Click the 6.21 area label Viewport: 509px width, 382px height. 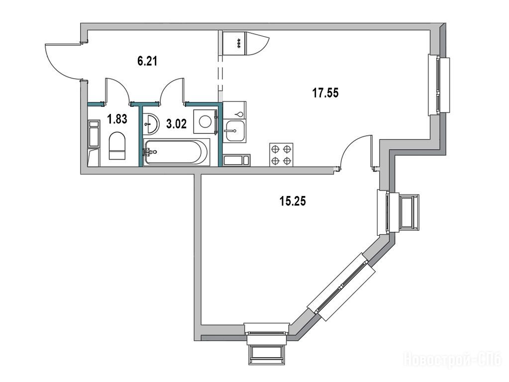tap(147, 61)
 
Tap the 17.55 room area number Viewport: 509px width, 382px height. tap(325, 93)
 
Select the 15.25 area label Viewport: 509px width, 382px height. tap(293, 201)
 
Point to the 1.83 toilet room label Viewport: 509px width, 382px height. tap(117, 119)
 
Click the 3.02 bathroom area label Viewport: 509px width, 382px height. tap(176, 124)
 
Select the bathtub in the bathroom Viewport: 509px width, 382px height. tap(176, 152)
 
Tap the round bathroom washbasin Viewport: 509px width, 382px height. tap(151, 123)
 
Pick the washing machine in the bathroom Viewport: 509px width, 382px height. tap(205, 122)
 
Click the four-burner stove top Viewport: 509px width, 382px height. tap(281, 155)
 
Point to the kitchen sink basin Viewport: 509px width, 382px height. tap(235, 131)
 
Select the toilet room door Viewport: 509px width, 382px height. tap(117, 90)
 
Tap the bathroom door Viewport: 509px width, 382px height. tap(172, 90)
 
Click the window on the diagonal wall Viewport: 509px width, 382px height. tap(341, 286)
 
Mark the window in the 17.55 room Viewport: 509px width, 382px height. tap(439, 85)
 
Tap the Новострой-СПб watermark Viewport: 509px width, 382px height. tap(452, 360)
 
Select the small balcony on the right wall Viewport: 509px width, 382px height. tap(408, 212)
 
